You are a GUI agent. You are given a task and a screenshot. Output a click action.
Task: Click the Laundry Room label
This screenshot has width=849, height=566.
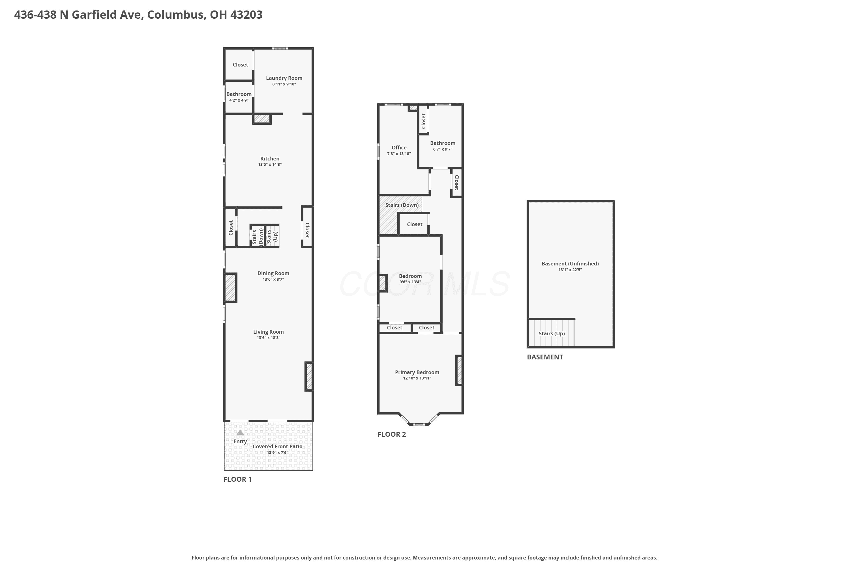click(x=284, y=78)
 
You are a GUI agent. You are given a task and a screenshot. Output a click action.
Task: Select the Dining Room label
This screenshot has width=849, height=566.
click(x=273, y=273)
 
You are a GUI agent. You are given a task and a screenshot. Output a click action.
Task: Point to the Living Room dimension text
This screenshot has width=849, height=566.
click(x=269, y=338)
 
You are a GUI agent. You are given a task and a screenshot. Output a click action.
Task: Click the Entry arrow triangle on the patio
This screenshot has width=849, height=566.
click(x=240, y=433)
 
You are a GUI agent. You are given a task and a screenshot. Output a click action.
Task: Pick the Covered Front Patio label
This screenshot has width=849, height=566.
click(x=278, y=447)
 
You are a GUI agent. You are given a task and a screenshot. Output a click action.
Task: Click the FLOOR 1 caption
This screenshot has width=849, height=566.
click(x=237, y=479)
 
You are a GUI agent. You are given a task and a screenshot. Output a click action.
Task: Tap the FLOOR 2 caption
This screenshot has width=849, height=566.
click(x=392, y=434)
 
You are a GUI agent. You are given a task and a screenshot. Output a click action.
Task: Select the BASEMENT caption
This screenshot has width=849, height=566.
click(x=545, y=357)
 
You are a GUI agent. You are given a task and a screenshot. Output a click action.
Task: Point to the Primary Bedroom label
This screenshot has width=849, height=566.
click(x=417, y=372)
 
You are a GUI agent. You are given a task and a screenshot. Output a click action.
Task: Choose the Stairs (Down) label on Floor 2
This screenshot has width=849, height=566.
click(x=402, y=205)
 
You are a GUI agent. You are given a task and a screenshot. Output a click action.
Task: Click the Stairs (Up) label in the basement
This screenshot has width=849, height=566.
click(x=552, y=334)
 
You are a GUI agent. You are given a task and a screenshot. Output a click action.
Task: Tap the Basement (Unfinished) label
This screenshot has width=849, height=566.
click(x=570, y=263)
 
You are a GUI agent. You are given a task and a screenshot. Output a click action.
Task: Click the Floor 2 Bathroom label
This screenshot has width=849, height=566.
click(x=443, y=143)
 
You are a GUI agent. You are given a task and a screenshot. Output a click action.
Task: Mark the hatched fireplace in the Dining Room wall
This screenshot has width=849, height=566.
click(x=231, y=288)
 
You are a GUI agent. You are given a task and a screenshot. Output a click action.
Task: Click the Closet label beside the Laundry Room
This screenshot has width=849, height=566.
click(x=240, y=65)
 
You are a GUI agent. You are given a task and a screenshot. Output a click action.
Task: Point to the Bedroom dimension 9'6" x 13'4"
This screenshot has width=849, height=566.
click(x=410, y=282)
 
